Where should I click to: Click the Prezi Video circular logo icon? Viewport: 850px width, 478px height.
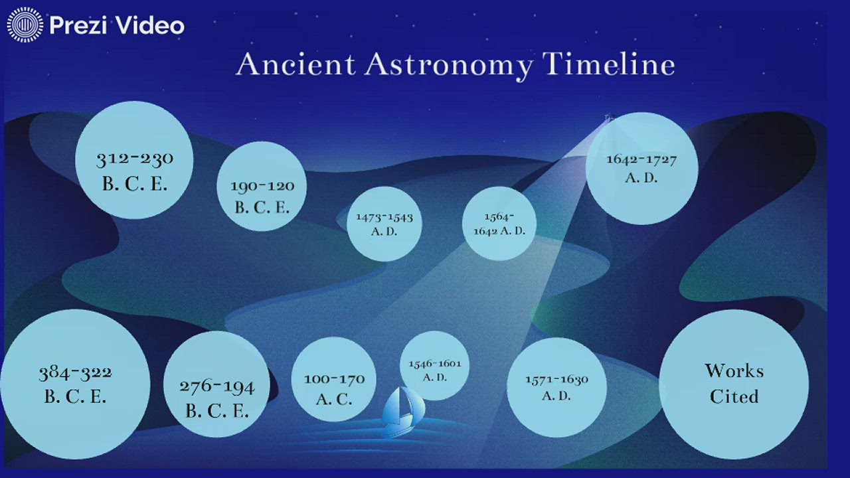25,25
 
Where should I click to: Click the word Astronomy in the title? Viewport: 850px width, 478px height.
448,65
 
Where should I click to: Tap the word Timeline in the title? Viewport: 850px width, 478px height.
608,64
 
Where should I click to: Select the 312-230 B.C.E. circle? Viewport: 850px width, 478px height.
134,160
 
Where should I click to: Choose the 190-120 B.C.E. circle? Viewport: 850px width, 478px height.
262,187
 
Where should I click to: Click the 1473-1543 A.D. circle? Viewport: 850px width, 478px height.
384,224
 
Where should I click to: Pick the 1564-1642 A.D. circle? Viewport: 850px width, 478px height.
499,224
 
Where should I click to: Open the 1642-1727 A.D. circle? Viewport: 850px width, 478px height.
641,169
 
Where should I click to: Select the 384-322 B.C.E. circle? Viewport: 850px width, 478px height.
75,384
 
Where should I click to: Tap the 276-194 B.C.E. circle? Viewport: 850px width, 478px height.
216,384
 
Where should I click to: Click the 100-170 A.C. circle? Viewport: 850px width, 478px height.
334,379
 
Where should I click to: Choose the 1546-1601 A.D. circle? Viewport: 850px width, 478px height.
435,366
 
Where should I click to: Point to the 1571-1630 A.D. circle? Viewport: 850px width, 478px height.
556,387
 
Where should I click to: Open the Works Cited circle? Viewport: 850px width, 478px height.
734,384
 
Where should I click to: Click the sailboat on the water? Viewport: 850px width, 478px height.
402,412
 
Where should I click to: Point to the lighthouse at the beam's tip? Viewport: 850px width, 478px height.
607,119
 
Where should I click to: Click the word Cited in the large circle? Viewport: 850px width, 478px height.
734,396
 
